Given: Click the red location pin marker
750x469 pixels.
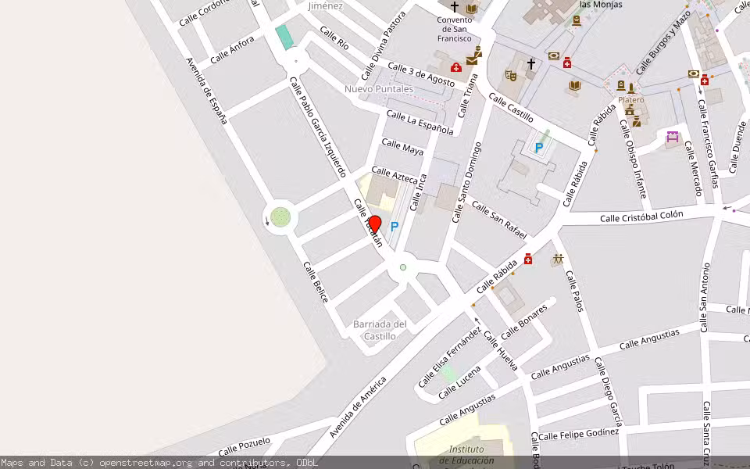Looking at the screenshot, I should point(374,225).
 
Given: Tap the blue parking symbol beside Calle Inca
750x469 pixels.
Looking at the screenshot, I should point(395,227).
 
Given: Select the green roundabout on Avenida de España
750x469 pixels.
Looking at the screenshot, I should point(280,217).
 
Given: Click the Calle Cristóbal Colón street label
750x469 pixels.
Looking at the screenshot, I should point(641,216).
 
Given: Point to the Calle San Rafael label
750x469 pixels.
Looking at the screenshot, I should point(499,220).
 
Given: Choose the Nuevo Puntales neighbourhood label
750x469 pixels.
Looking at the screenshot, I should point(379,89).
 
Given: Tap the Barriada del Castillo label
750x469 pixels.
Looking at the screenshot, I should point(380,330).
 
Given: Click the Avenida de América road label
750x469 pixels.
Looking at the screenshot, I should point(358,407).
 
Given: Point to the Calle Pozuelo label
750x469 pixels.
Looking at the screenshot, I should point(245,446).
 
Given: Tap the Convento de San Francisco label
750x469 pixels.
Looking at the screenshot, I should point(455,29).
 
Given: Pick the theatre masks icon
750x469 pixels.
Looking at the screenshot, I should point(511,75).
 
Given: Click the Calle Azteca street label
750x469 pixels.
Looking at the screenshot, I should point(395,176).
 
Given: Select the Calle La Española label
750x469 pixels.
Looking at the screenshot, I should point(420,123).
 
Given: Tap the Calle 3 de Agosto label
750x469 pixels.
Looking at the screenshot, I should point(420,75).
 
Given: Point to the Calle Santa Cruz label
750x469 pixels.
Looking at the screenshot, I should point(706,431).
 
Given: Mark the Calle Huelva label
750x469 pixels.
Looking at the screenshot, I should point(501,351).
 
